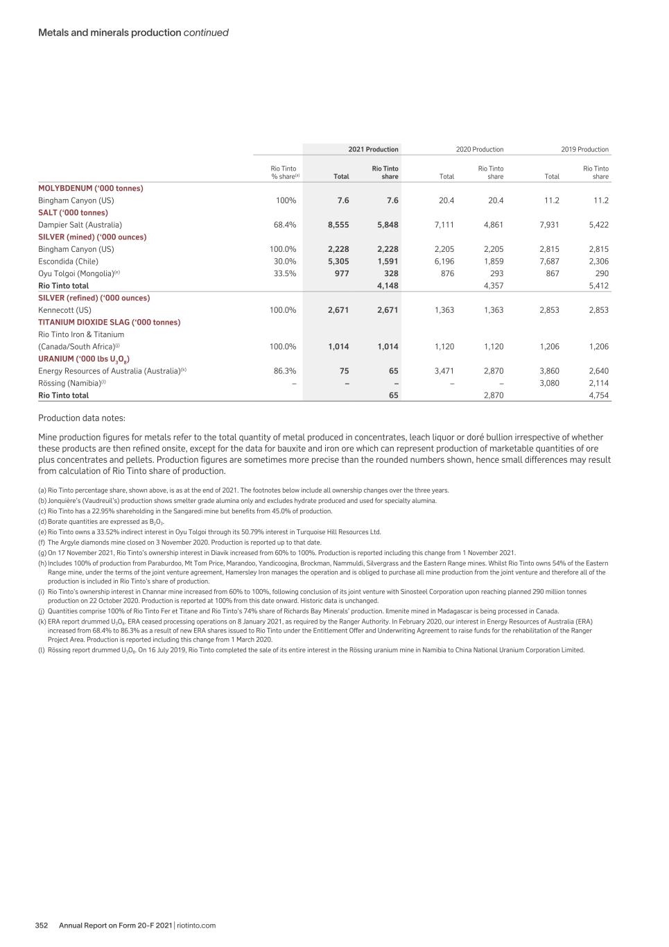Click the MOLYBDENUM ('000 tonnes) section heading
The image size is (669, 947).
coord(90,188)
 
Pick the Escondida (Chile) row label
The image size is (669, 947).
coord(68,262)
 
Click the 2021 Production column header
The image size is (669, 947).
coord(373,149)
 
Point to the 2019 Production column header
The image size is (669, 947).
coord(584,149)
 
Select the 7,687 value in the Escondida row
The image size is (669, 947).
coord(549,262)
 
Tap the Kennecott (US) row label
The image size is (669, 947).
coord(64,310)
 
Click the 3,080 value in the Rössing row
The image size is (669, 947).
coord(549,383)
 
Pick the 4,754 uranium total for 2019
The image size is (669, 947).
coord(598,395)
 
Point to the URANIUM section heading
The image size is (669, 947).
coord(84,359)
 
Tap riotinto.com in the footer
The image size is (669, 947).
coord(196,925)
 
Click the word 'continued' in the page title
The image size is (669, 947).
coord(206,33)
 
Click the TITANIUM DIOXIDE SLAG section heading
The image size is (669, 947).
coord(109,323)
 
